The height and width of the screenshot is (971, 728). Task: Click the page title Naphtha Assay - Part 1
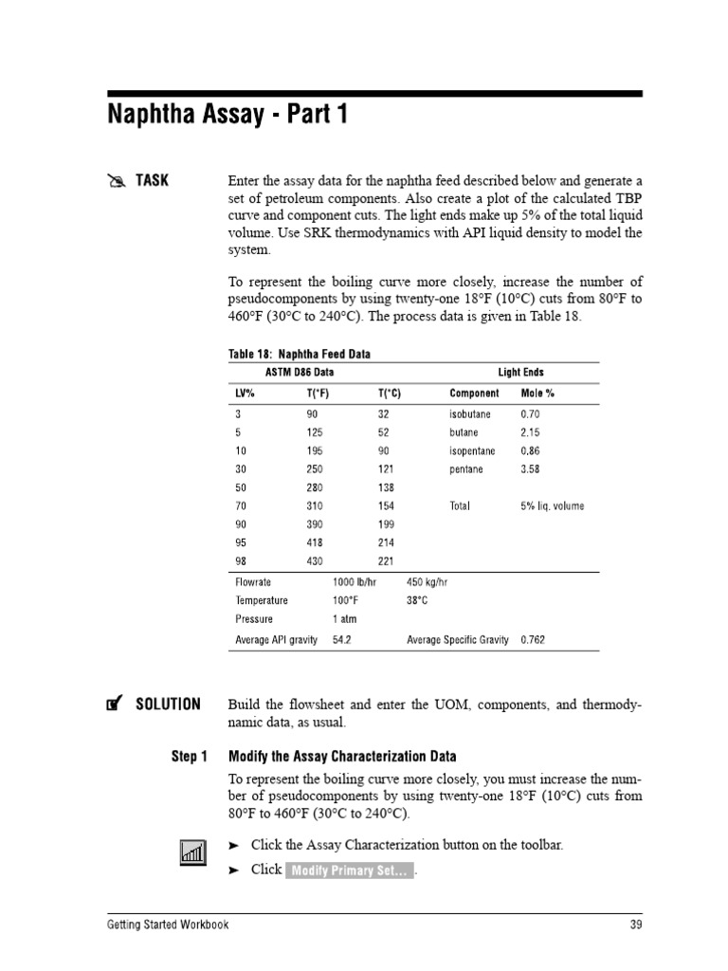point(227,116)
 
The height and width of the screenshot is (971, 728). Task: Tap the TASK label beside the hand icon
point(152,180)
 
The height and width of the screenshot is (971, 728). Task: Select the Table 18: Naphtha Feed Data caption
point(299,354)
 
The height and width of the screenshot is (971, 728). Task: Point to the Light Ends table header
point(520,373)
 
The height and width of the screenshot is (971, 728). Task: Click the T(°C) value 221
point(386,560)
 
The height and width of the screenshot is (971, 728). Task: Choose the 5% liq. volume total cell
point(553,506)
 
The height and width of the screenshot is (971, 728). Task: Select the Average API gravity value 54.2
point(341,640)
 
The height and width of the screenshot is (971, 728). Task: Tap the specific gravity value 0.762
point(533,640)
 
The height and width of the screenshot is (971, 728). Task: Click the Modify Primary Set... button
point(350,871)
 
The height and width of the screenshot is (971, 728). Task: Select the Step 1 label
point(189,756)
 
